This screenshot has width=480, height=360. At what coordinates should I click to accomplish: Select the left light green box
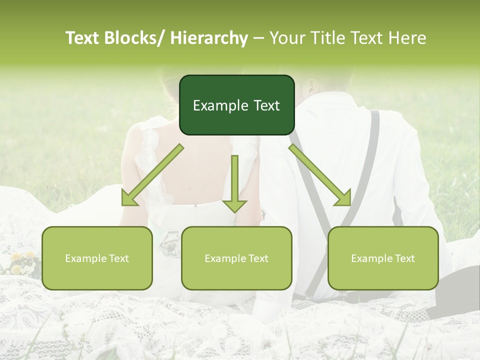[97, 258]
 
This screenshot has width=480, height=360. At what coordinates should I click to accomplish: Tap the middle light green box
[236, 258]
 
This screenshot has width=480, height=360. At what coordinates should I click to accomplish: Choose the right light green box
[383, 258]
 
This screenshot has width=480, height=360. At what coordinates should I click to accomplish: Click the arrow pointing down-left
[152, 175]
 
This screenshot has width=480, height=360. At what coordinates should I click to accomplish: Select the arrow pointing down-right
[320, 175]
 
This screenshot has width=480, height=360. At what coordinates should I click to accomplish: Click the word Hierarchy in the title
[209, 38]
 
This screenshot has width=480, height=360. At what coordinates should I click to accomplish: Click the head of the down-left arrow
[129, 198]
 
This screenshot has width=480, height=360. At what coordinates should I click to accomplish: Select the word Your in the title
[287, 38]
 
